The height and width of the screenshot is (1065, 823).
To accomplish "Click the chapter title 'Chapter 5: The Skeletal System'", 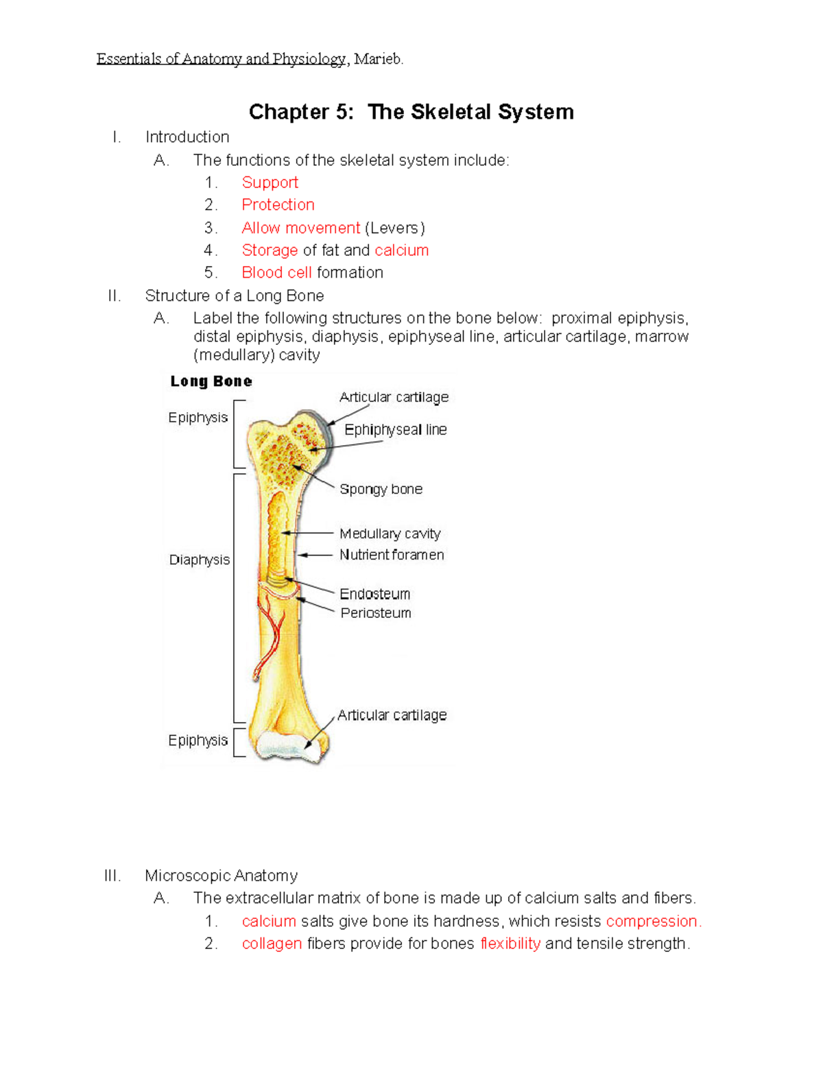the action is tap(411, 112).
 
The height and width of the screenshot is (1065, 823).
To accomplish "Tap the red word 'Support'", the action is tap(270, 182).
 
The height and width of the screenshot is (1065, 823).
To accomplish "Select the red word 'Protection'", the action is tap(278, 205).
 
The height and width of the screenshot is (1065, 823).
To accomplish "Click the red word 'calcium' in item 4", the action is tap(401, 250).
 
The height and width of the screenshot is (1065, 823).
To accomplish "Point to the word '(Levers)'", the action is tap(394, 228).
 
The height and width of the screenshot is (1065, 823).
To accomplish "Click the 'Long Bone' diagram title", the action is tap(211, 381).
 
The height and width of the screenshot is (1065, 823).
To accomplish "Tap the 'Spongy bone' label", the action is tap(381, 489).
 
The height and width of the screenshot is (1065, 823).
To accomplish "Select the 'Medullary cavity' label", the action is tap(390, 534).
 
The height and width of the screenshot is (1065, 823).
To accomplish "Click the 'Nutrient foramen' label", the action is tap(392, 555).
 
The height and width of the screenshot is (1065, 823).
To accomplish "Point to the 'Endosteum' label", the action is tap(374, 594).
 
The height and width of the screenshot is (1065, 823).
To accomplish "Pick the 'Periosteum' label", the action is tap(376, 613).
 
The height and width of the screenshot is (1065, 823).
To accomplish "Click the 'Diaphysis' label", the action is tap(200, 560).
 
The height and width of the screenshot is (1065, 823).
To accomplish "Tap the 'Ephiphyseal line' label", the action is tap(395, 430).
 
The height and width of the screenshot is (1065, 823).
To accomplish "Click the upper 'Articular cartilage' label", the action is tap(394, 397).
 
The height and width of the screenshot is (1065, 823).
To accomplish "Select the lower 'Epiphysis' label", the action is tap(198, 741).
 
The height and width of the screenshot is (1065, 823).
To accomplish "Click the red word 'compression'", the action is tap(652, 921).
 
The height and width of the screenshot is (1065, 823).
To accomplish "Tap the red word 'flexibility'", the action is tap(510, 944).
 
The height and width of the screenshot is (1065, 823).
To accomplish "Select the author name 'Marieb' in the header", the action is tap(377, 59).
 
